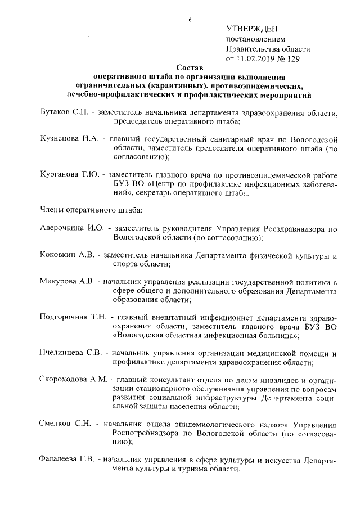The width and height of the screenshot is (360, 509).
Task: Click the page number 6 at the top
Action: coord(190,20)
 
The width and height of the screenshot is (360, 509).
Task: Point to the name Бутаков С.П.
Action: coord(65,112)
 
